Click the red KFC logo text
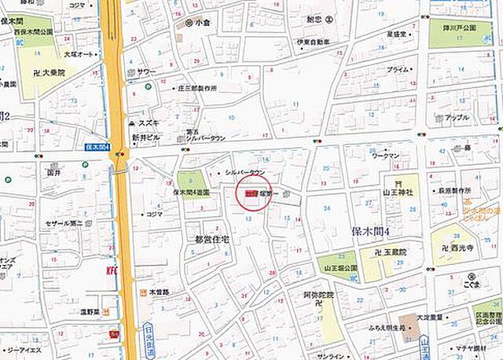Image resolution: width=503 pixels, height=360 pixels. pyautogui.click(x=111, y=271)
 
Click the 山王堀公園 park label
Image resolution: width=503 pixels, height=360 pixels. pyautogui.click(x=338, y=268)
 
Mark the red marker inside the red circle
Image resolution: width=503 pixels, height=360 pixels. pyautogui.click(x=250, y=192)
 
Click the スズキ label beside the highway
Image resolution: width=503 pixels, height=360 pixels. pyautogui.click(x=148, y=123)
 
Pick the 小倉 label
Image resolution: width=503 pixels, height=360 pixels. pyautogui.click(x=204, y=23)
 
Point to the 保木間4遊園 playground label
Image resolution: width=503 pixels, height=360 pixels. pyautogui.click(x=192, y=191)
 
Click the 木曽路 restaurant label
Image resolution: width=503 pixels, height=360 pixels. pyautogui.click(x=160, y=292)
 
